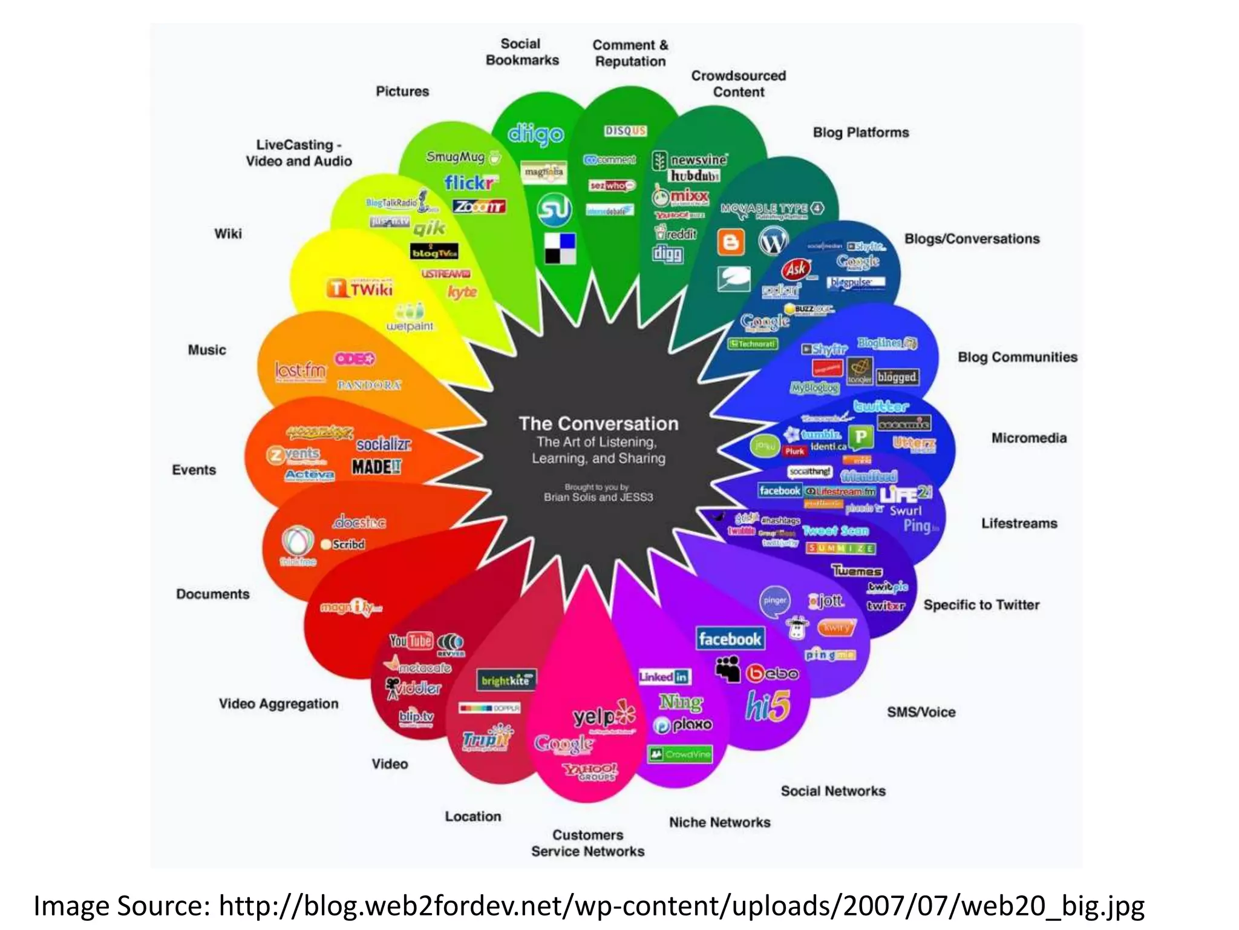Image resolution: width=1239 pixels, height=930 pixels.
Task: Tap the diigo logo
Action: coord(535,134)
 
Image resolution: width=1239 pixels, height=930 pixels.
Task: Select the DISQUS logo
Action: coord(626,131)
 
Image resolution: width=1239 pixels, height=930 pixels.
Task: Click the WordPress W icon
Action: coord(773,242)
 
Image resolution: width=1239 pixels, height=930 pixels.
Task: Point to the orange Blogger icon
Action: coord(731,242)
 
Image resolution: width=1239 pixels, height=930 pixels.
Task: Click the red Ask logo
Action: coord(796,268)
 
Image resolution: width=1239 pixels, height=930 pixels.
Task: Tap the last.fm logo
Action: coord(300,371)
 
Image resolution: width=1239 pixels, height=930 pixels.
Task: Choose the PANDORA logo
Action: coord(369,385)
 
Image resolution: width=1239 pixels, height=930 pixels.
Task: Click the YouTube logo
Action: coord(411,641)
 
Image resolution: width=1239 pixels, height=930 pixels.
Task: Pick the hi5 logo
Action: coord(768,706)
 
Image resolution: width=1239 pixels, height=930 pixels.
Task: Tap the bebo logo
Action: coord(773,673)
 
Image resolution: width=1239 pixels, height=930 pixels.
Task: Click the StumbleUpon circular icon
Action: coord(554,209)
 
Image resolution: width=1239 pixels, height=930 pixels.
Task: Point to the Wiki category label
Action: coord(228,234)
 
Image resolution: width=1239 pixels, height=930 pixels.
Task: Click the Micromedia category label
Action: coord(1028,438)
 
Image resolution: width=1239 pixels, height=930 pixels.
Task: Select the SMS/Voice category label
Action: coord(921,712)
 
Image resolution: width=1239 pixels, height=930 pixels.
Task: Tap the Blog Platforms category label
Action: coord(860,133)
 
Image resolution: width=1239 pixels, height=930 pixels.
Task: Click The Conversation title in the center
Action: coord(598,423)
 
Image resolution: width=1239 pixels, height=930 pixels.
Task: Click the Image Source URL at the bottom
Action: coord(681,906)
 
